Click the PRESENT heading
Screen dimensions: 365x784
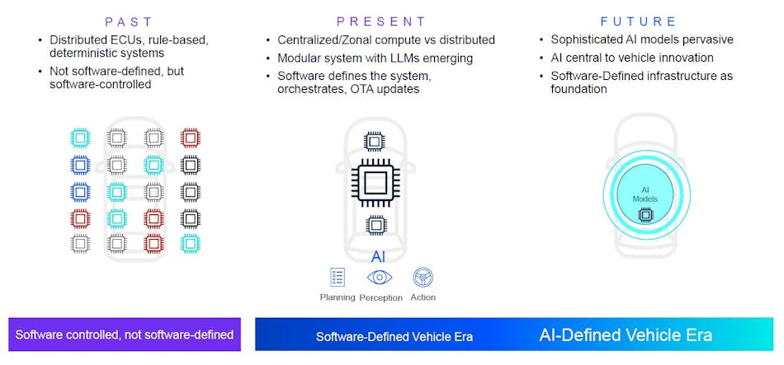tap(380, 21)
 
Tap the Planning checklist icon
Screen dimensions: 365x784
tap(338, 277)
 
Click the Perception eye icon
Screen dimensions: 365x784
tap(380, 277)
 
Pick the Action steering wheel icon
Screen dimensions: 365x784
tap(423, 277)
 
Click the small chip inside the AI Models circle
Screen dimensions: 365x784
tap(645, 215)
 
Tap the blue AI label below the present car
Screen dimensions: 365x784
tap(378, 257)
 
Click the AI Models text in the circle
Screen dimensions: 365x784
tap(645, 194)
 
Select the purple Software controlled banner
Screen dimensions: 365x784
tap(125, 335)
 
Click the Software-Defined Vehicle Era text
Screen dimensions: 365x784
tap(394, 336)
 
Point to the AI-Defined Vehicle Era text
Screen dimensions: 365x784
tap(625, 335)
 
